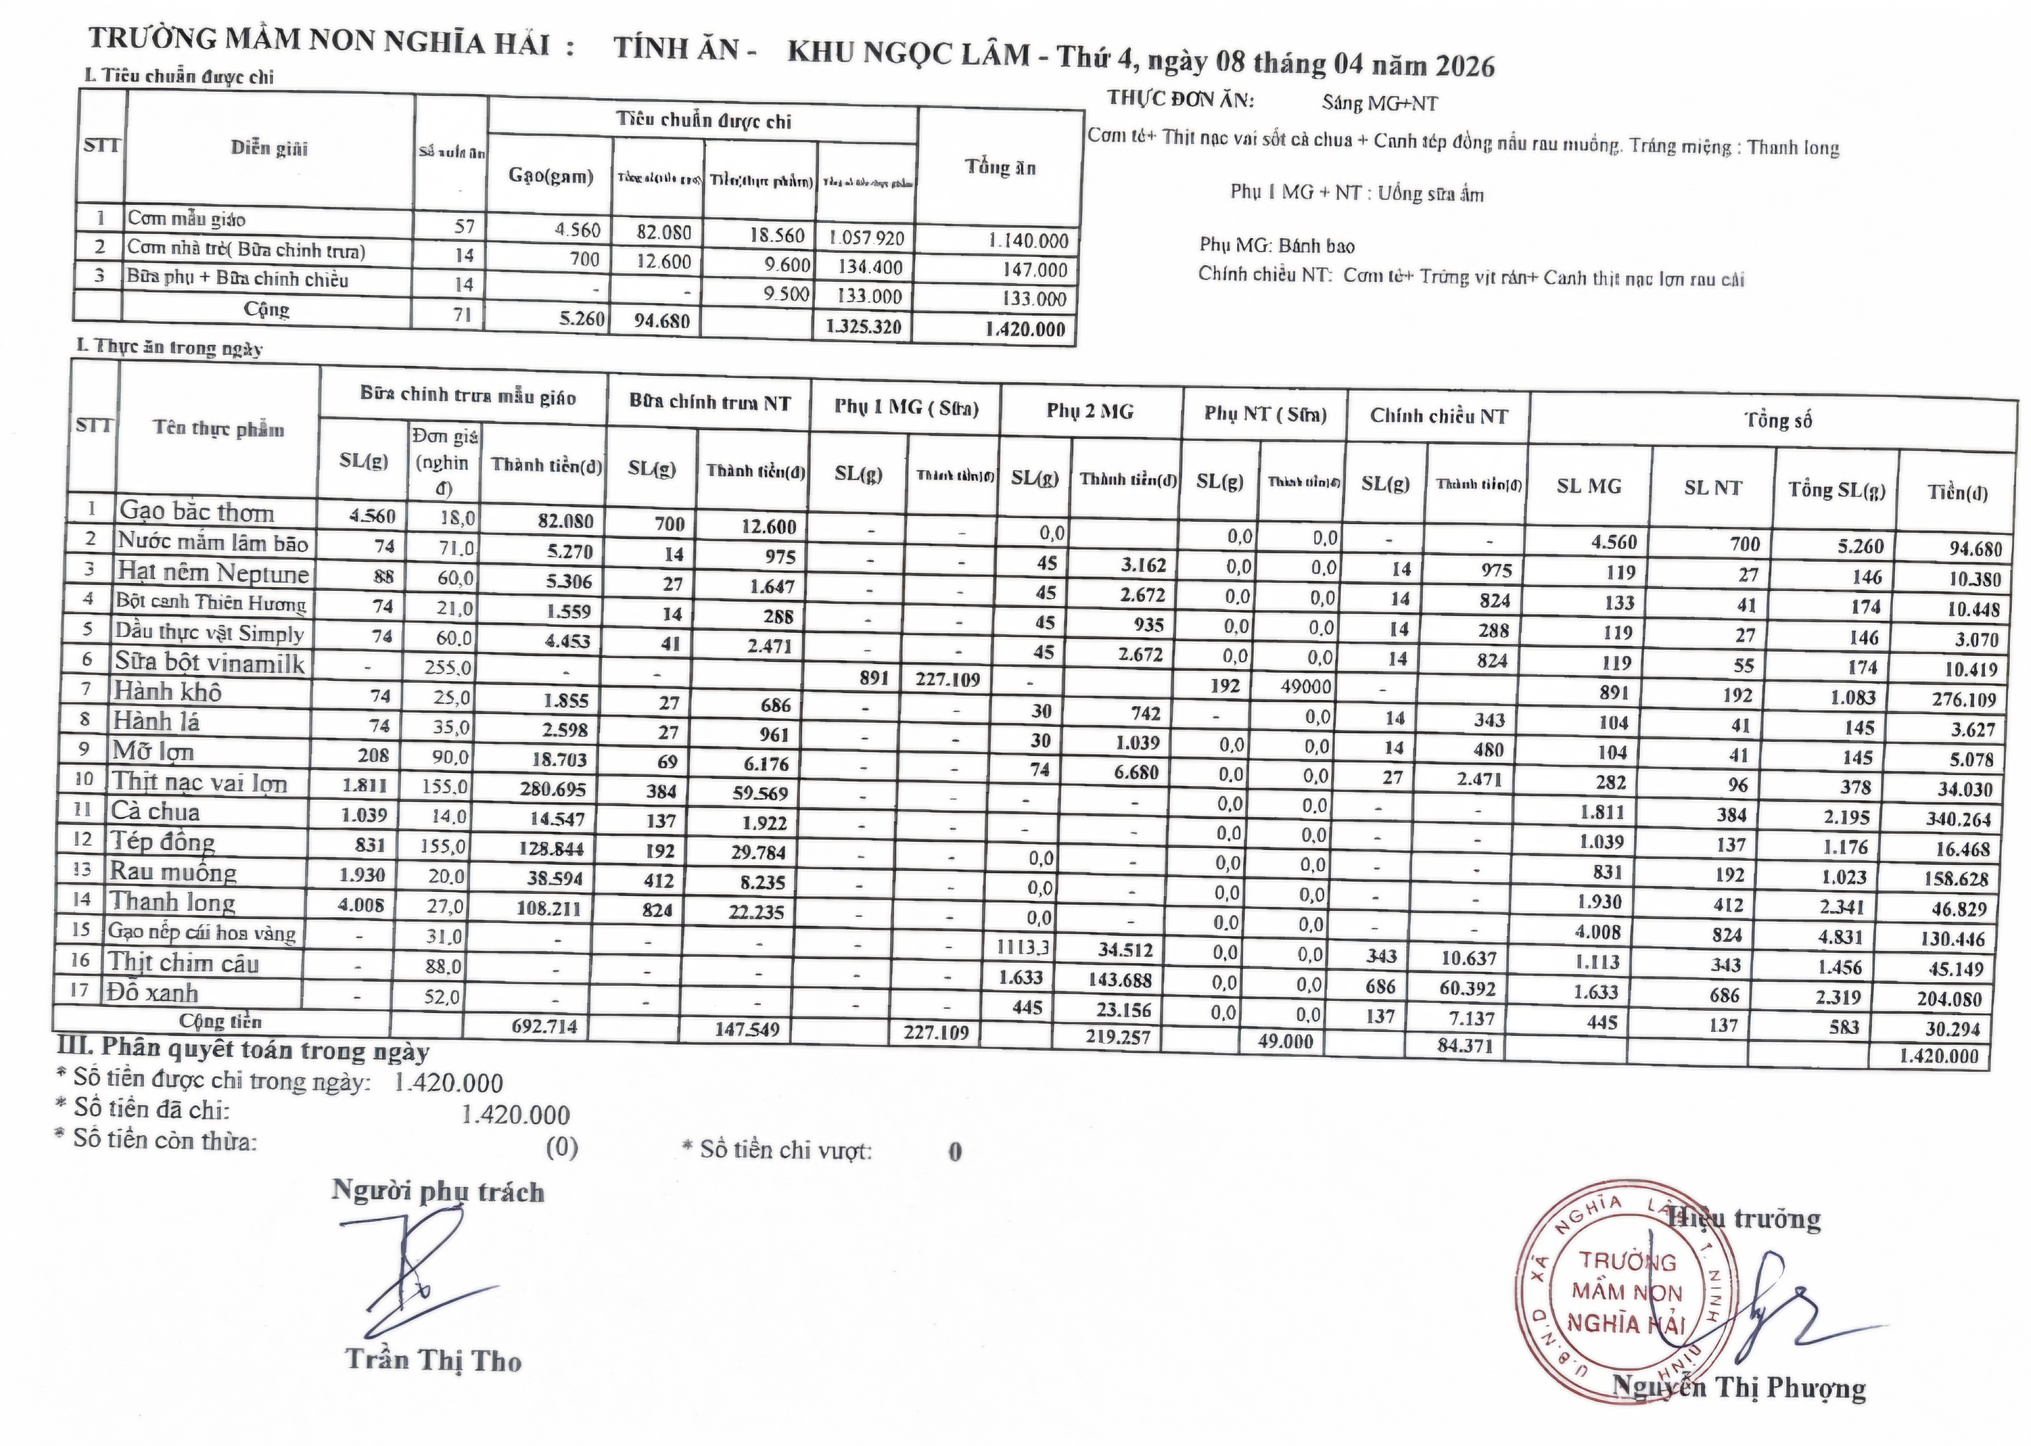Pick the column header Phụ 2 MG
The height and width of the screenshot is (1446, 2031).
pyautogui.click(x=1090, y=411)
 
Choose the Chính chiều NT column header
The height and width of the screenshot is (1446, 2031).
pyautogui.click(x=1438, y=416)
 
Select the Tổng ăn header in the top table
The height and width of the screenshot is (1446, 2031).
pyautogui.click(x=1000, y=167)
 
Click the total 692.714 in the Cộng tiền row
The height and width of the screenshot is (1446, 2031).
pyautogui.click(x=544, y=1027)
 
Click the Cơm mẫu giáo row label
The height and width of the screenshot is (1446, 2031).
pyautogui.click(x=186, y=219)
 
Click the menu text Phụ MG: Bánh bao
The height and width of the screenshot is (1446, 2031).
pyautogui.click(x=1276, y=246)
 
